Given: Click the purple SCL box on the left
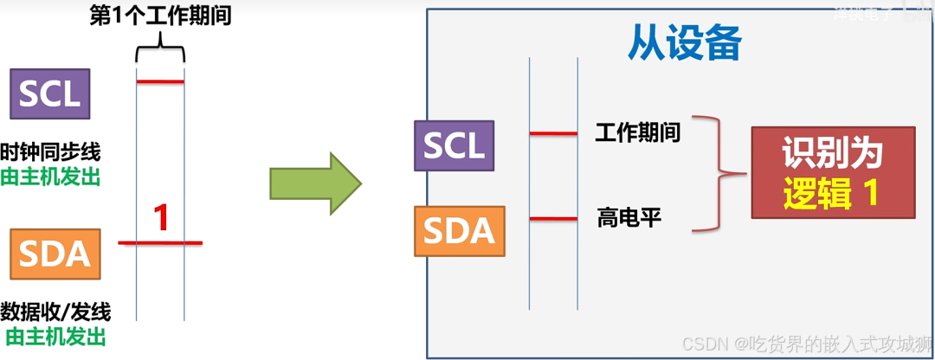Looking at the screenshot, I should point(50,93).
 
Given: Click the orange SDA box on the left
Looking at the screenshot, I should point(55,254).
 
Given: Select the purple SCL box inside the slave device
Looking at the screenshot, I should point(454,145).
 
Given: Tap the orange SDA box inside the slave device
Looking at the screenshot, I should point(459,231).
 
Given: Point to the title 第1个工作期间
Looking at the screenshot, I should point(160,16).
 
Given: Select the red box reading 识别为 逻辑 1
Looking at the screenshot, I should point(832,172).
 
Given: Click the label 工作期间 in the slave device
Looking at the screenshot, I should point(638,132).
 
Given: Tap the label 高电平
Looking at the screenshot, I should point(629,217).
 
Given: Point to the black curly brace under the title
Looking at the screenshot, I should point(160,54).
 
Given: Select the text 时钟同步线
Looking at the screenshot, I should point(50,152).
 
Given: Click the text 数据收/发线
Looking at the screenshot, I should point(55,311).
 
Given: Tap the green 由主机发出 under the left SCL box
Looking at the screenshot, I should point(50,177).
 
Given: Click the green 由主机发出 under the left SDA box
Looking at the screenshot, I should point(55,336).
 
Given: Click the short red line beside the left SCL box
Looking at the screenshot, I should point(160,82).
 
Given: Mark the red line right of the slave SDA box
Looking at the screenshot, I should point(553,218).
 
